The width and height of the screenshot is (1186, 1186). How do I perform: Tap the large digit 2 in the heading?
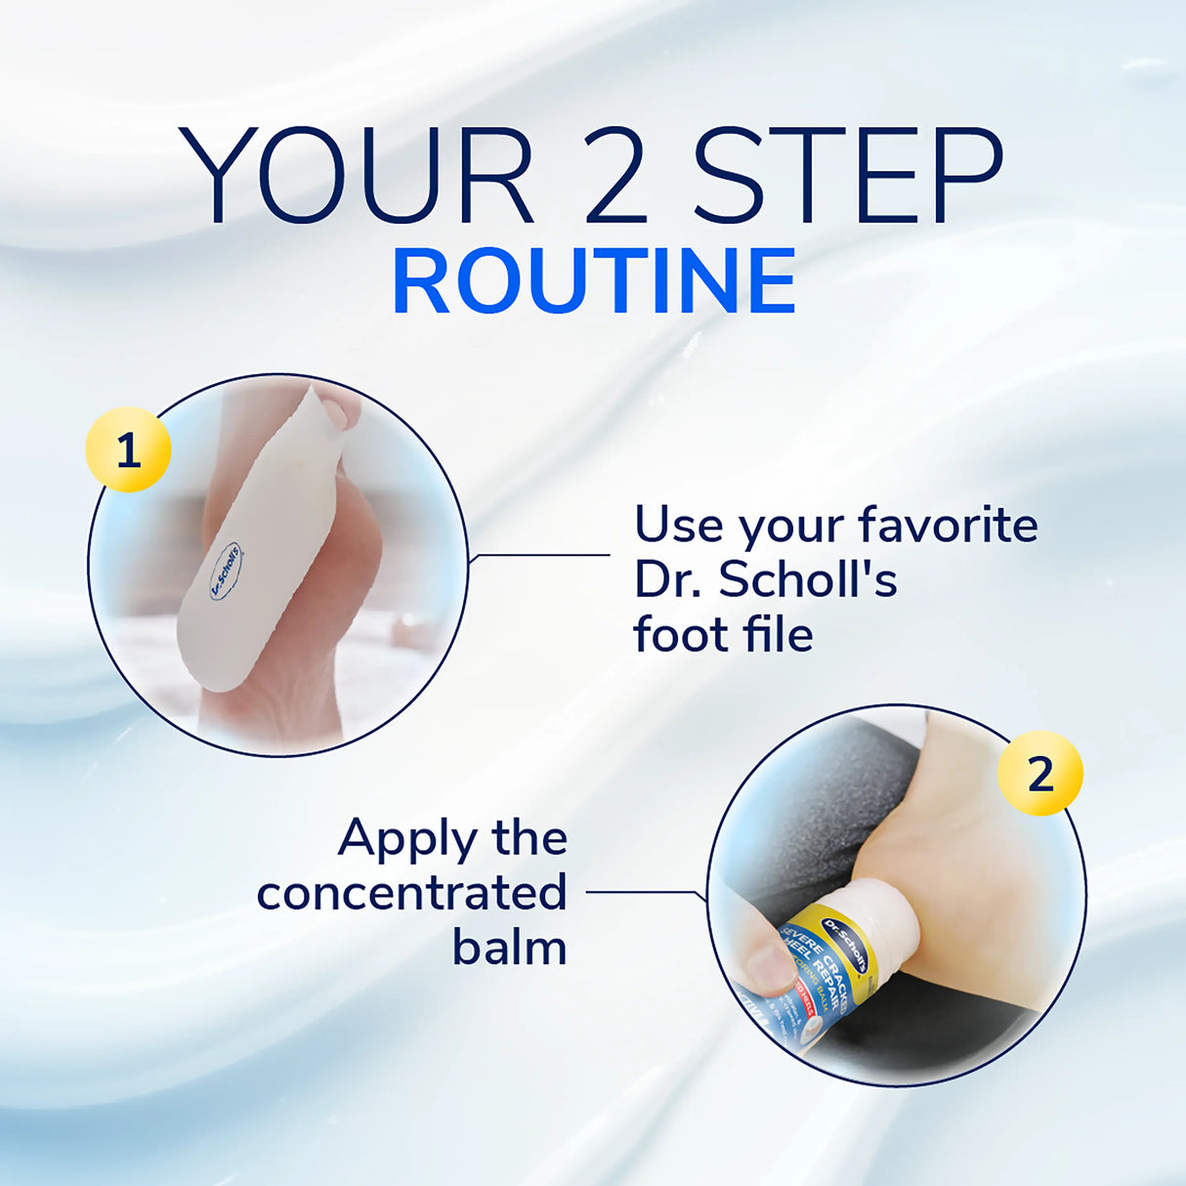[615, 177]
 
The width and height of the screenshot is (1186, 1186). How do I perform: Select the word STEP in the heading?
[847, 177]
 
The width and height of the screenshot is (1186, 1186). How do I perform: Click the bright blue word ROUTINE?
[594, 281]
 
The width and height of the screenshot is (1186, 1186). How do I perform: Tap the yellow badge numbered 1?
[128, 450]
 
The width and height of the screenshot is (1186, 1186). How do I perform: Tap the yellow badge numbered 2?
[1040, 774]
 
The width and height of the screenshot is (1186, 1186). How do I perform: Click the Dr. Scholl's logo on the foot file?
[226, 571]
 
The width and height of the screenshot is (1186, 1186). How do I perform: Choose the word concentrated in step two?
[411, 892]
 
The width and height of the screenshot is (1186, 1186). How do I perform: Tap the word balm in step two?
[509, 947]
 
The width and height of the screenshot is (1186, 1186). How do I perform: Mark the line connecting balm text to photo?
[640, 891]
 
